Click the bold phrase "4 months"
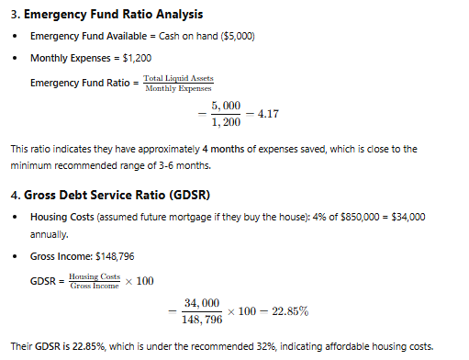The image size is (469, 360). point(226,148)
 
